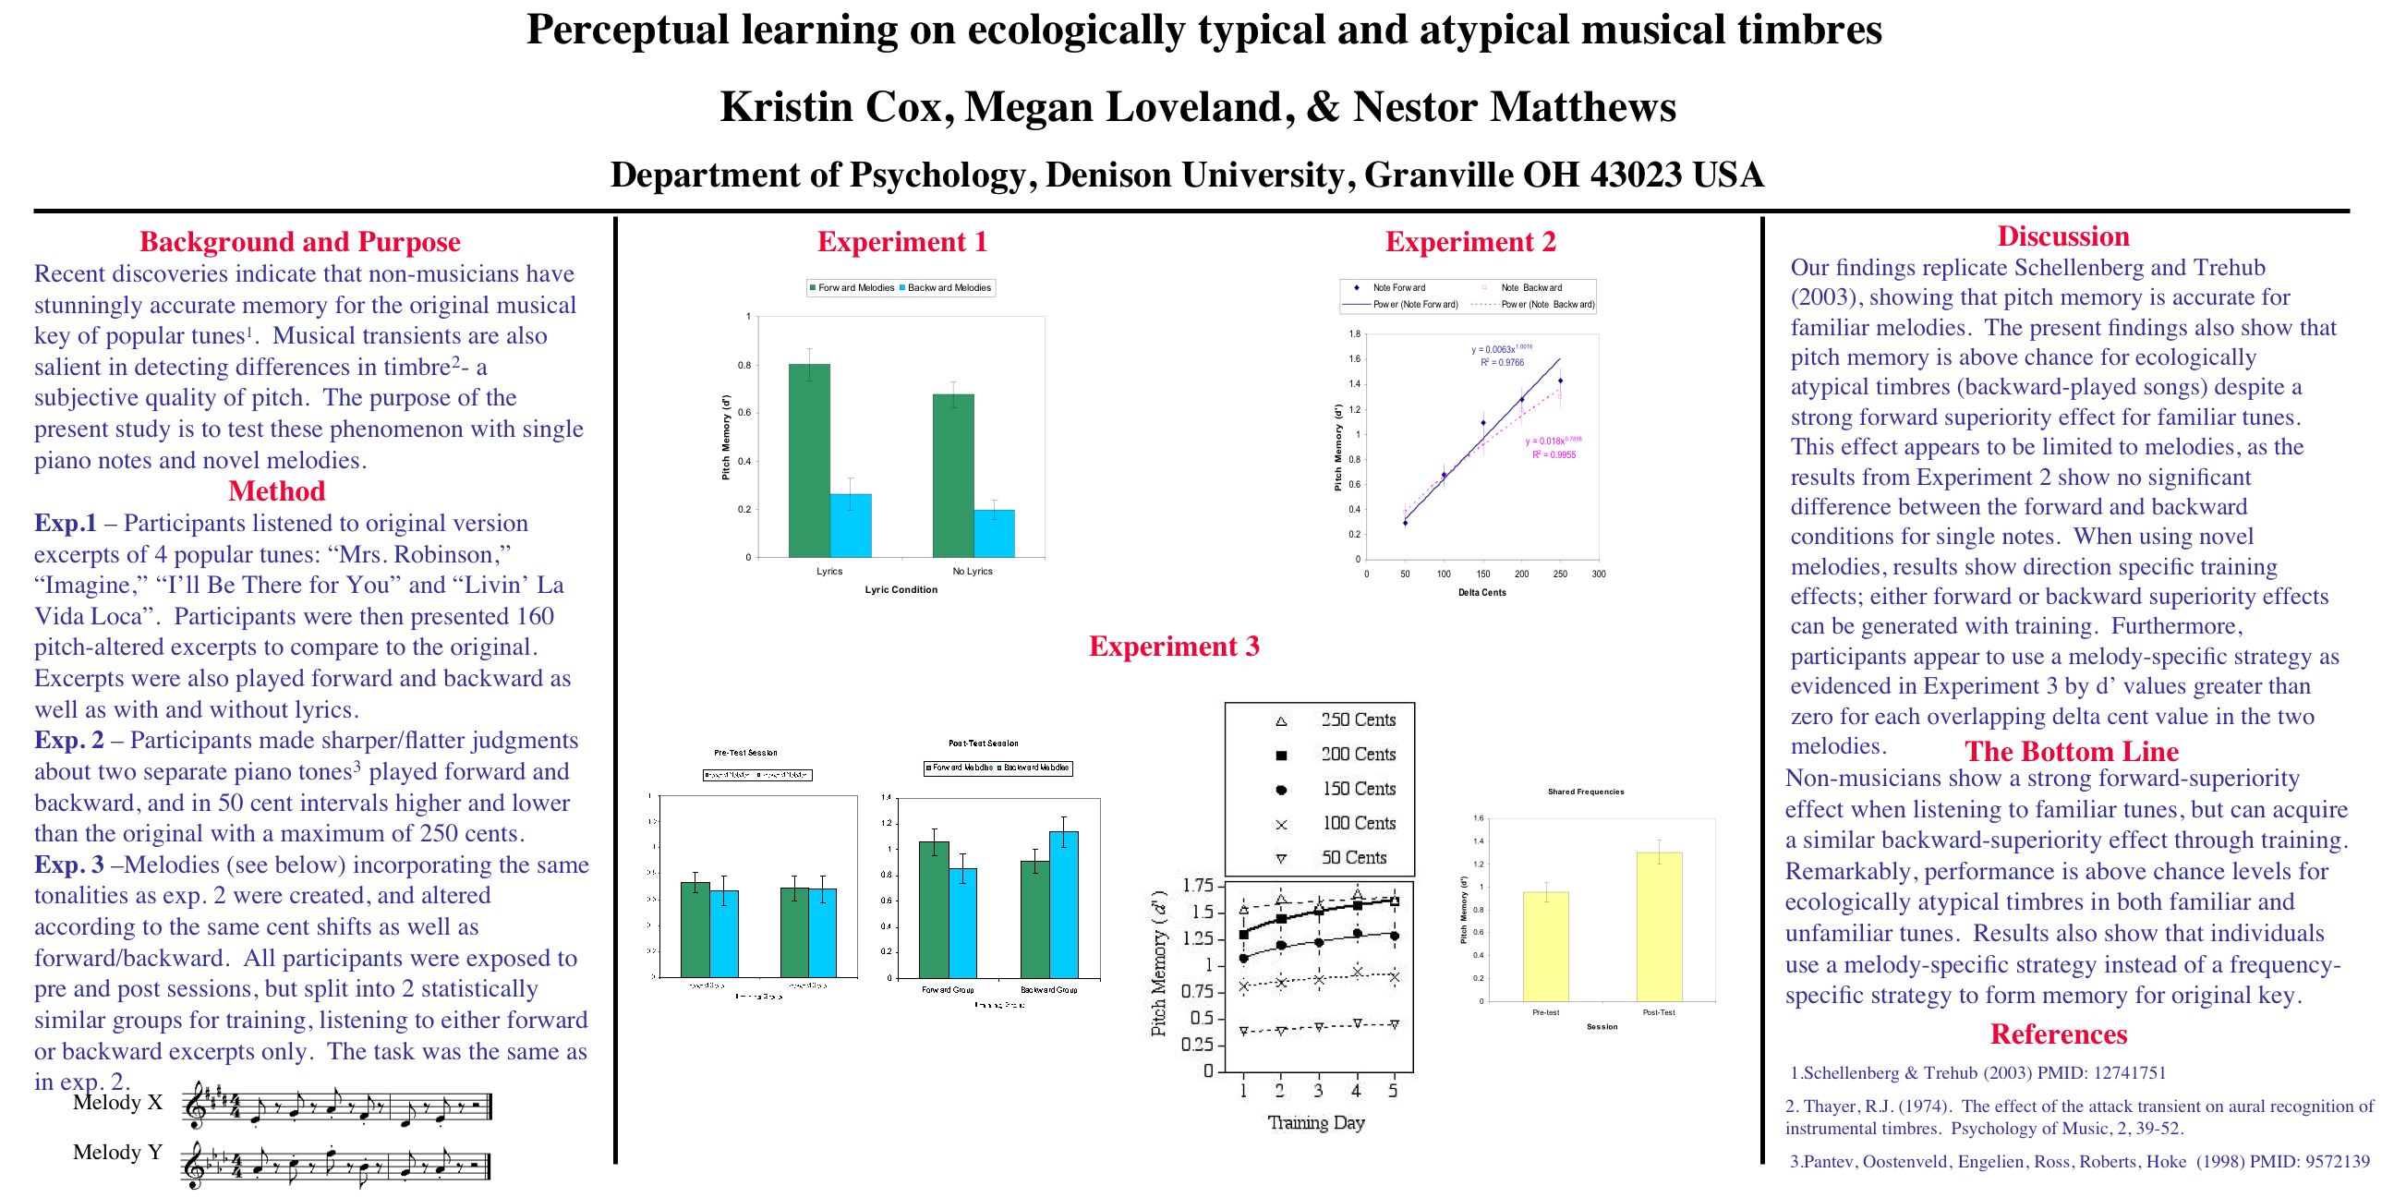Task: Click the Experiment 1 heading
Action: pos(901,242)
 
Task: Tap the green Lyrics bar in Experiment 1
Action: pos(808,461)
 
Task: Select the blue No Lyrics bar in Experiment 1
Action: pos(995,534)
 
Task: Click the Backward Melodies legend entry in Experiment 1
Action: pos(948,288)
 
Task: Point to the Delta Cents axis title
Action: pos(1481,593)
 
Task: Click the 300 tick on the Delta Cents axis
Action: pos(1599,574)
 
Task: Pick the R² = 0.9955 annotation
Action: pos(1554,455)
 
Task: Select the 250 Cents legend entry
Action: pos(1358,720)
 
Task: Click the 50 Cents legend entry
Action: pos(1354,858)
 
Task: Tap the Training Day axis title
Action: pos(1316,1123)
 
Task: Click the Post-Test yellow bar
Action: pos(1659,926)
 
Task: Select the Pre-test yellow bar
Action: pos(1545,946)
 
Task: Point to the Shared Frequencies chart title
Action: pos(1586,792)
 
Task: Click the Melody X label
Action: pos(117,1103)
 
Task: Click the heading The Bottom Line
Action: pos(2072,751)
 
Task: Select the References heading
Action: pos(2059,1034)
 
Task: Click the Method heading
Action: pos(276,491)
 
